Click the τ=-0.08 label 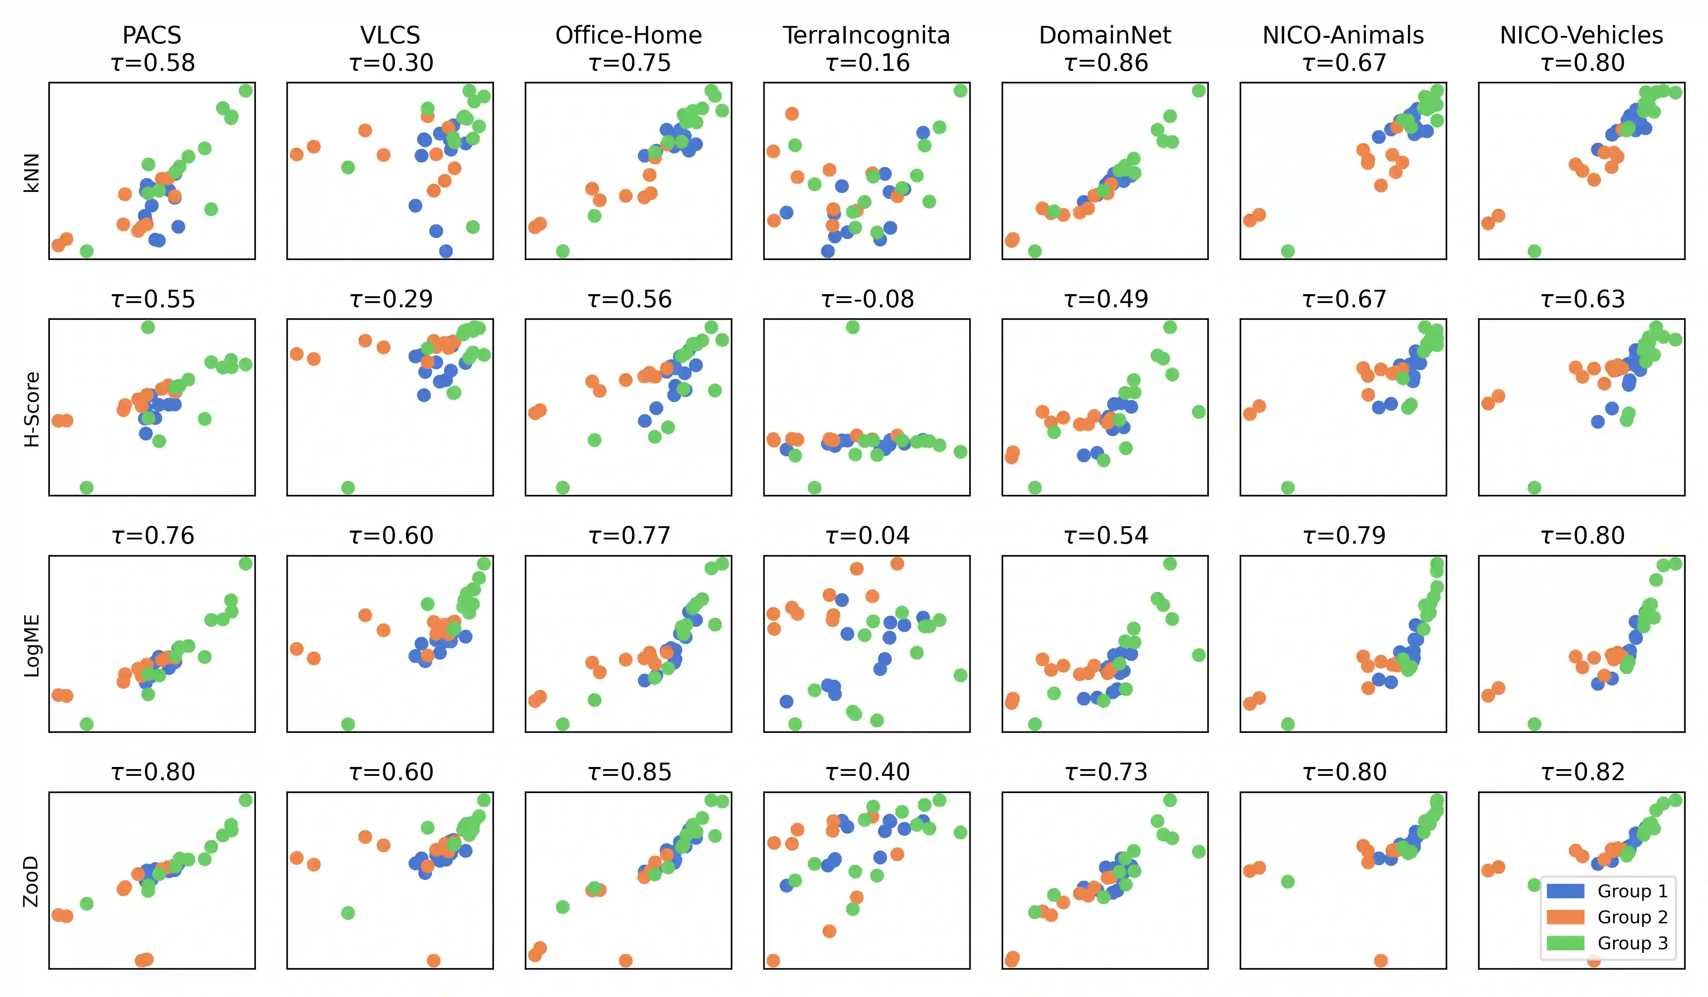click(868, 299)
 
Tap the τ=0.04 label click(868, 536)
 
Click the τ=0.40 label click(868, 772)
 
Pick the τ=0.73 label click(1106, 772)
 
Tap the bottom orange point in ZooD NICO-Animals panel click(1381, 960)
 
